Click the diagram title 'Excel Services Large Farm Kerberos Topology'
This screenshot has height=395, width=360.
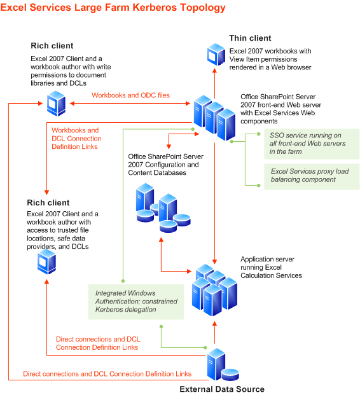[113, 8]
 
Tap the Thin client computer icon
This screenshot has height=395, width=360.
[215, 55]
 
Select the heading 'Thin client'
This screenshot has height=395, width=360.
[253, 38]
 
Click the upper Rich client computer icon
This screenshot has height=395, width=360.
[55, 102]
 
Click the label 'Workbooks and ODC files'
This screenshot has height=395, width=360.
[130, 95]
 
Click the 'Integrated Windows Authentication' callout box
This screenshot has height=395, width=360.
[136, 301]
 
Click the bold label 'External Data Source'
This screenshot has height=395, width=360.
[221, 389]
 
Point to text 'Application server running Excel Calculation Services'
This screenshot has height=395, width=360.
[271, 267]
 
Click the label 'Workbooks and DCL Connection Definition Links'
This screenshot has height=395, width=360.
[75, 138]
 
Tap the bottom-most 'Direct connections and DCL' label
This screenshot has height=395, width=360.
[107, 374]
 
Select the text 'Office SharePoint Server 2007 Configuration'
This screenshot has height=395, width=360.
[165, 160]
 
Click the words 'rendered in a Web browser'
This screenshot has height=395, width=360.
[270, 67]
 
